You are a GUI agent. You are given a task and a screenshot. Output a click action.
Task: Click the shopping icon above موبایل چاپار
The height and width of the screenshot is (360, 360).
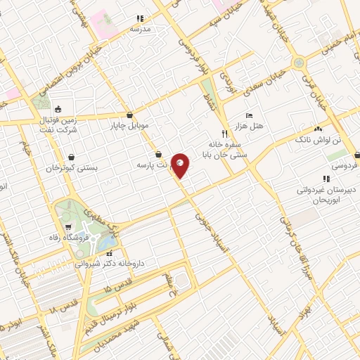(129, 115)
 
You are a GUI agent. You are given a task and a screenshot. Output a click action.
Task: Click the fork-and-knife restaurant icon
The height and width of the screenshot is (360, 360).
(224, 133)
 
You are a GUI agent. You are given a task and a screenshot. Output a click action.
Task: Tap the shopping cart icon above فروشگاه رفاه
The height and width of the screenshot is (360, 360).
(68, 226)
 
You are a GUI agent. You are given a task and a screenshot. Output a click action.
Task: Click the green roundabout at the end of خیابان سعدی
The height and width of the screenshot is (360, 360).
(300, 63)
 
